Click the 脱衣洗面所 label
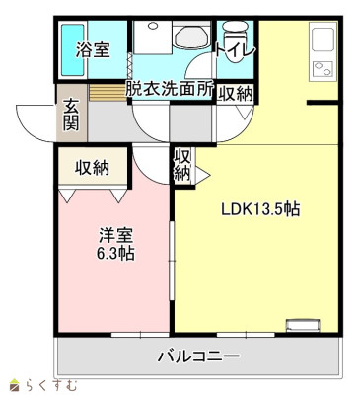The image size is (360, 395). pyautogui.click(x=170, y=88)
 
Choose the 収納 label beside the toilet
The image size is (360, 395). pyautogui.click(x=235, y=94)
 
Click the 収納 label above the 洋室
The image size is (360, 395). pyautogui.click(x=93, y=167)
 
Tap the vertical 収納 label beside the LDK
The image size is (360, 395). pyautogui.click(x=182, y=165)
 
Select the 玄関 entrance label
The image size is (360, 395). pyautogui.click(x=73, y=117)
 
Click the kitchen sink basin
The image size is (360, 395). pyautogui.click(x=324, y=39)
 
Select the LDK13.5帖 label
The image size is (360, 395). pyautogui.click(x=259, y=210)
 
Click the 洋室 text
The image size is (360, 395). pyautogui.click(x=115, y=234)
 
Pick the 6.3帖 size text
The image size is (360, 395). pyautogui.click(x=115, y=253)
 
